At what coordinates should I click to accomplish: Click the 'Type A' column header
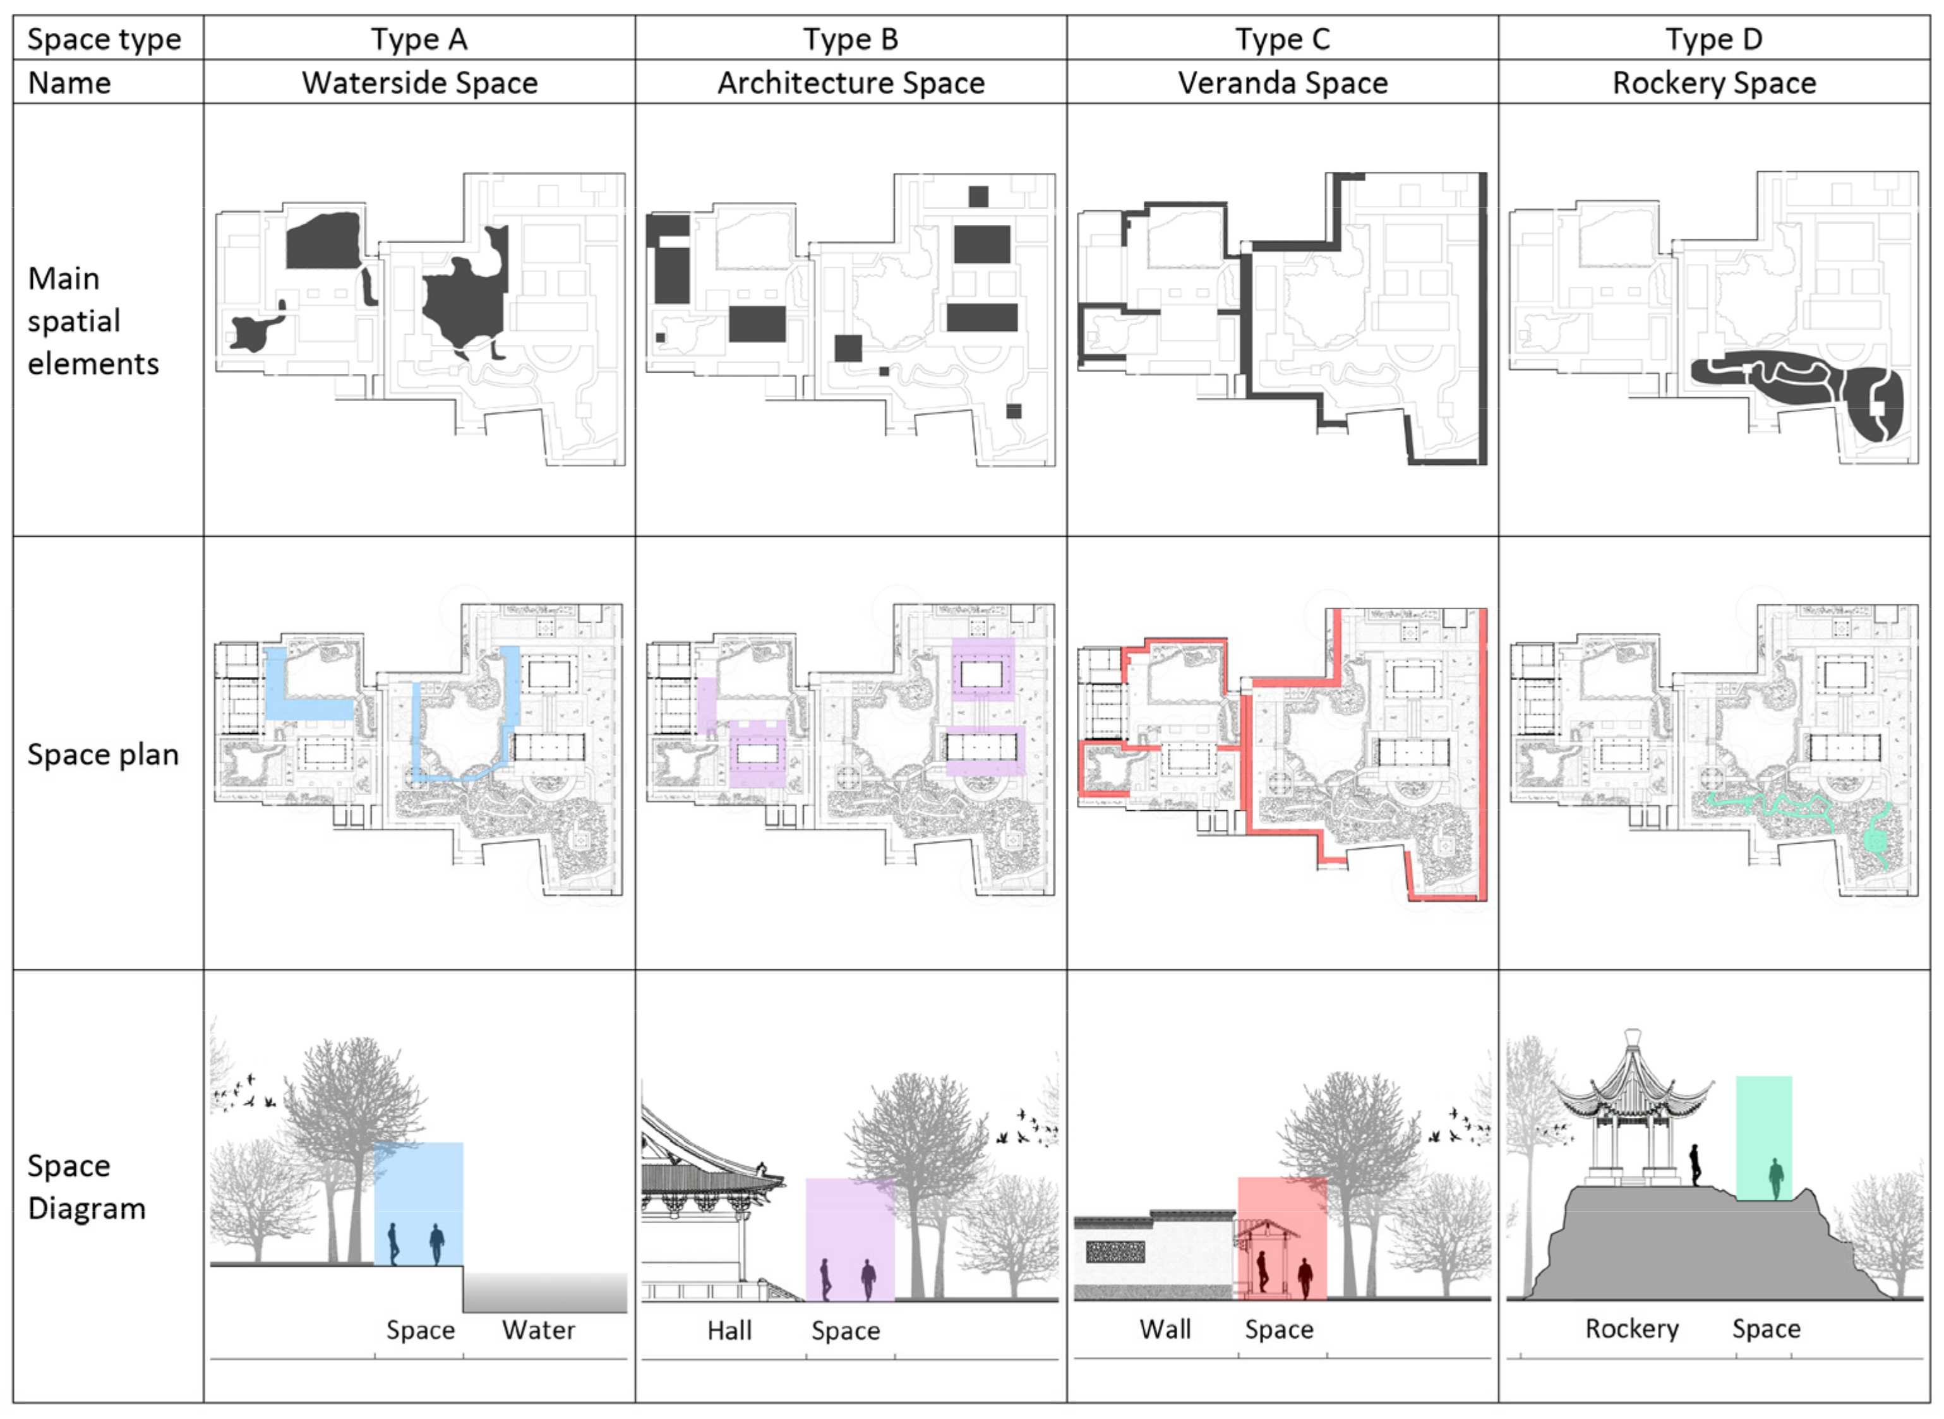tap(419, 39)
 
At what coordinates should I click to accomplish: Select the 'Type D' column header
tap(1713, 39)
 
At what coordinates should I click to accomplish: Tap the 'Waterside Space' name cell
tap(419, 83)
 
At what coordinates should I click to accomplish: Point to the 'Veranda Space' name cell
tap(1283, 83)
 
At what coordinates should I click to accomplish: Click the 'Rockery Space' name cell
tap(1713, 83)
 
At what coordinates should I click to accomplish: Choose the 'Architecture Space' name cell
tap(851, 83)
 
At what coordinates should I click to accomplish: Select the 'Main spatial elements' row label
tap(93, 320)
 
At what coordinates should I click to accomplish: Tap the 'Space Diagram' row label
tap(86, 1187)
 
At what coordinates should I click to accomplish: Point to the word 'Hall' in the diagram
tap(729, 1331)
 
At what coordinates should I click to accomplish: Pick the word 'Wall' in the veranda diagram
tap(1165, 1330)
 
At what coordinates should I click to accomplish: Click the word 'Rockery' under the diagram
tap(1631, 1329)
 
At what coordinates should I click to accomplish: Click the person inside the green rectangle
tap(1775, 1178)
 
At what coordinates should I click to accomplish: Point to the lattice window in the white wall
tap(1115, 1252)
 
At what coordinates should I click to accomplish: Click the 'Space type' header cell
tap(104, 39)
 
